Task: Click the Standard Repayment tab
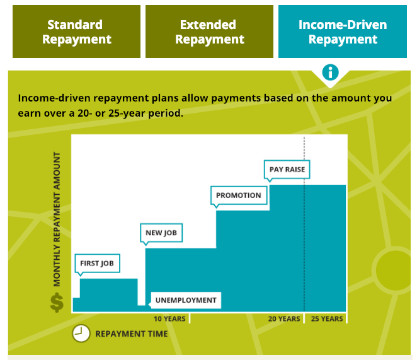(x=76, y=32)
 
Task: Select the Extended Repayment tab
(x=209, y=32)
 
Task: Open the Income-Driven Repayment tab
(x=343, y=32)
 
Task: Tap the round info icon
(x=330, y=73)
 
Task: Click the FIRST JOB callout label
(x=97, y=263)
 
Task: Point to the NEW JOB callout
(x=161, y=233)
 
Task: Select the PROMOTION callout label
(x=239, y=195)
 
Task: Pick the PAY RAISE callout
(x=287, y=170)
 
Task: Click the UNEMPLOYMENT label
(x=186, y=300)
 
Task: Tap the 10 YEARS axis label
(x=169, y=319)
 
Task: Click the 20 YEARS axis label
(x=284, y=319)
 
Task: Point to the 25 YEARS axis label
(x=327, y=319)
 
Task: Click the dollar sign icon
(x=57, y=303)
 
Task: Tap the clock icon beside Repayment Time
(x=81, y=333)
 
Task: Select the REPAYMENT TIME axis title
(x=132, y=334)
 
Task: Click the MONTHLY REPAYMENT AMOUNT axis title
(x=57, y=219)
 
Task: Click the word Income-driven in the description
(x=54, y=98)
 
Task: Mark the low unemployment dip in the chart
(x=142, y=308)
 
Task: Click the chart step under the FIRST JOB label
(x=109, y=294)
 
